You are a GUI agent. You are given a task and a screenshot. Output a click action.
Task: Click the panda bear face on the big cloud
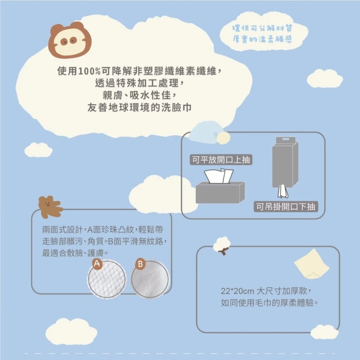(x=70, y=40)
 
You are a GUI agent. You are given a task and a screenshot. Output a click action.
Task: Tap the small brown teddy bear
(x=49, y=207)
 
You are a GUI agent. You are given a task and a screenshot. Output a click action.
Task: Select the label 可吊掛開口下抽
(x=285, y=206)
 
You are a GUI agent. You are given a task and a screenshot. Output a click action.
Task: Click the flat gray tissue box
(x=220, y=193)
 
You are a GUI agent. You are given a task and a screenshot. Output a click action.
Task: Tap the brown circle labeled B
(x=140, y=264)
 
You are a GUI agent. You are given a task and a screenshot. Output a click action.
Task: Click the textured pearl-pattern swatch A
(x=107, y=279)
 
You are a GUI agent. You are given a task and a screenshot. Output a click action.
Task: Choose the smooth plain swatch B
(x=150, y=279)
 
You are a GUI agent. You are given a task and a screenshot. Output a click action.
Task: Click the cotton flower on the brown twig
(x=221, y=245)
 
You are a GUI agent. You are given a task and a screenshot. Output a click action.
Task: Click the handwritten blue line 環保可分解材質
(x=264, y=28)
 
